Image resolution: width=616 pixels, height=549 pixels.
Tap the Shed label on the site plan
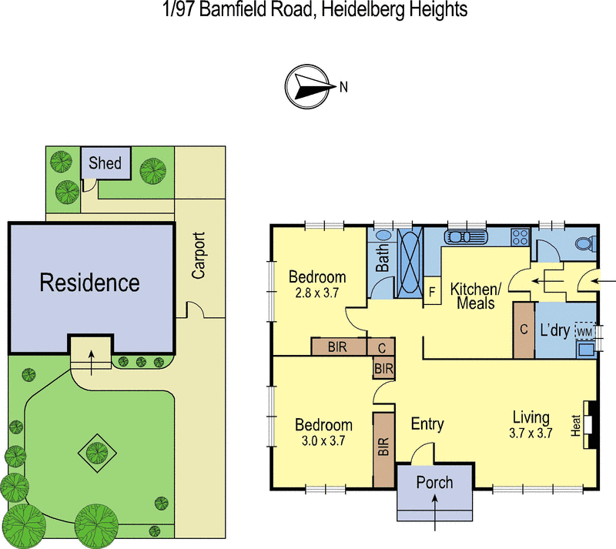[105, 163]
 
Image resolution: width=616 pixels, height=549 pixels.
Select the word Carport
[199, 256]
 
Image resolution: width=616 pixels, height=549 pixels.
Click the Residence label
[89, 282]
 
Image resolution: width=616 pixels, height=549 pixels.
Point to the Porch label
[434, 483]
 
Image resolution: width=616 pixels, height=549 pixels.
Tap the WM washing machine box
[584, 331]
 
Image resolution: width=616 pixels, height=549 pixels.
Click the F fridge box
[432, 292]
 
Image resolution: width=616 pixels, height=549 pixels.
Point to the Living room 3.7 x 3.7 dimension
[531, 433]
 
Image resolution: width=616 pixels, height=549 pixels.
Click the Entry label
[427, 424]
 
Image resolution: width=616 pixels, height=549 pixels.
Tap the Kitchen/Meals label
[476, 296]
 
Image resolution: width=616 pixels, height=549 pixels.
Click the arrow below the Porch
[436, 513]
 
